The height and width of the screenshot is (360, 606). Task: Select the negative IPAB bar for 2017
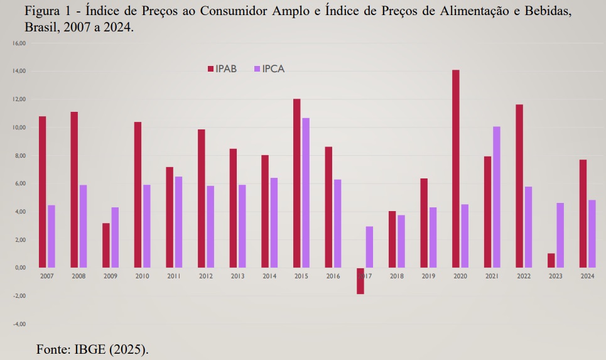[x=360, y=281]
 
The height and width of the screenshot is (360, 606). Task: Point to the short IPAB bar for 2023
[x=551, y=261]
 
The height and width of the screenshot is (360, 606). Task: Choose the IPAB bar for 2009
[x=106, y=246]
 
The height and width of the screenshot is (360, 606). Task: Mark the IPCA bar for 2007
[x=51, y=236]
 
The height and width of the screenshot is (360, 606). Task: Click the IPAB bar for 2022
[x=519, y=186]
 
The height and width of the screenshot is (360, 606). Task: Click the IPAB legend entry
[x=222, y=69]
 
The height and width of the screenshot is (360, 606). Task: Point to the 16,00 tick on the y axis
[x=18, y=43]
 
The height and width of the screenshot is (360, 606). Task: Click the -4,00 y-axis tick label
[x=18, y=324]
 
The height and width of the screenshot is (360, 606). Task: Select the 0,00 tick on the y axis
[x=19, y=268]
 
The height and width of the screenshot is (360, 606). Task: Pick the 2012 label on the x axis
[x=205, y=276]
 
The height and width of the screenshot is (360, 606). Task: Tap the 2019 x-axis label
[x=428, y=276]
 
